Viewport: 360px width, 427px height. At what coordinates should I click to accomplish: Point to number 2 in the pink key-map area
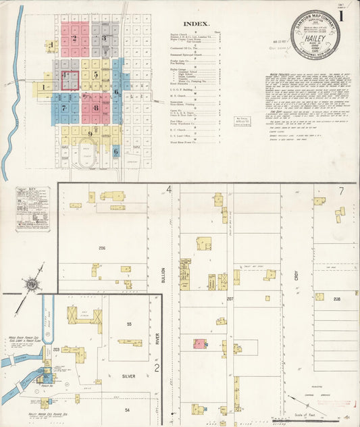click(x=74, y=39)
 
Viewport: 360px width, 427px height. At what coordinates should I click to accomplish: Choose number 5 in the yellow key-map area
click(x=97, y=74)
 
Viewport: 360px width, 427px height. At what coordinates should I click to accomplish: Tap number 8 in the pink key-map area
click(x=96, y=107)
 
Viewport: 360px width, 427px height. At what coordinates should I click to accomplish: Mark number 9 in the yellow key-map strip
click(x=89, y=134)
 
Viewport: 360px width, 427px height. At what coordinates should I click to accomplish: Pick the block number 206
click(x=102, y=249)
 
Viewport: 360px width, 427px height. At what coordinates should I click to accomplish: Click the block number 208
click(x=336, y=298)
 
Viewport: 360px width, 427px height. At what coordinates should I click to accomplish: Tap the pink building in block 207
click(x=200, y=343)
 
